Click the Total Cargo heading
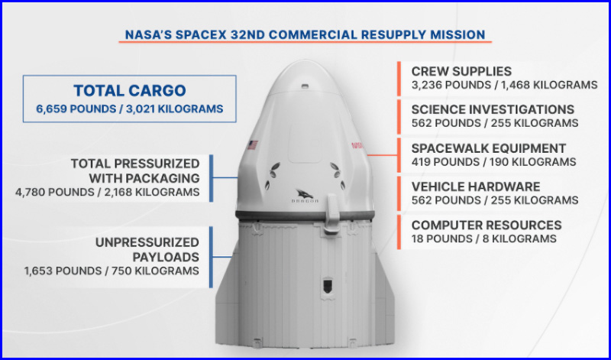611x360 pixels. point(130,90)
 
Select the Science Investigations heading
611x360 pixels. point(493,109)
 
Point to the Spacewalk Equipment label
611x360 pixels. point(489,148)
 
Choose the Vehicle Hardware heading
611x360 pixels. point(476,186)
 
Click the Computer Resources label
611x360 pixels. point(487,225)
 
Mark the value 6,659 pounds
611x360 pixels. point(76,109)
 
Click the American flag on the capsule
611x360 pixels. point(252,145)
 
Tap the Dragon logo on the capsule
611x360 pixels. point(305,196)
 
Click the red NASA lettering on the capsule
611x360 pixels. point(357,145)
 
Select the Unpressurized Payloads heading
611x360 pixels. point(147,250)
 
